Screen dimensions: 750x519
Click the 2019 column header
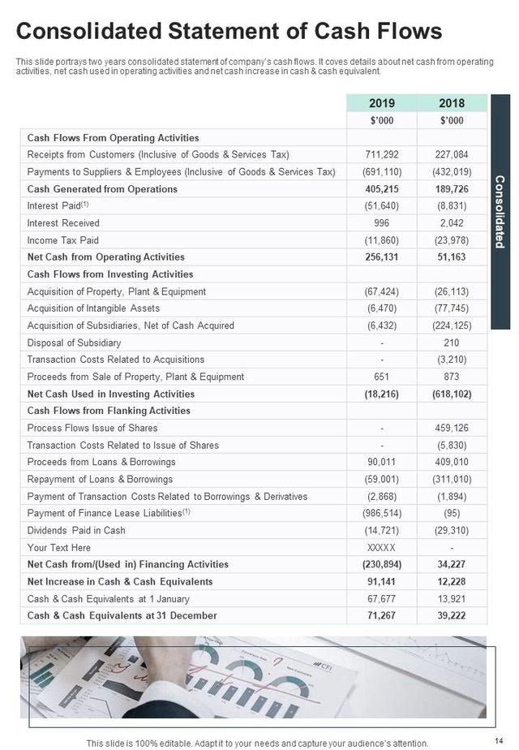(381, 103)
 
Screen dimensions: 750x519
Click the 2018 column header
(452, 103)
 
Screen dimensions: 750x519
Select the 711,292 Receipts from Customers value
(381, 154)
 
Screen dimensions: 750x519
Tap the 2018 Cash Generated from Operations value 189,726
(452, 189)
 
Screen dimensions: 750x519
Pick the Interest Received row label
(63, 223)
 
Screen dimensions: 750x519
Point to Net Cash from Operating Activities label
(106, 257)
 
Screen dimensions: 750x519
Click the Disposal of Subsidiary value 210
(452, 343)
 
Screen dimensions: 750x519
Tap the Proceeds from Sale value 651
(381, 377)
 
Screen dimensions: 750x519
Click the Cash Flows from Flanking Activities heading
(109, 411)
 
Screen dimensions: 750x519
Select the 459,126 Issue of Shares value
(452, 428)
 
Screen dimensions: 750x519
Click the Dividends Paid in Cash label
(76, 530)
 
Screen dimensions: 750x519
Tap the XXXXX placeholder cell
(381, 548)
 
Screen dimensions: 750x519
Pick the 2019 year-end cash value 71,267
(381, 615)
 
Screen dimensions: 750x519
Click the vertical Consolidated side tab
(500, 212)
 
